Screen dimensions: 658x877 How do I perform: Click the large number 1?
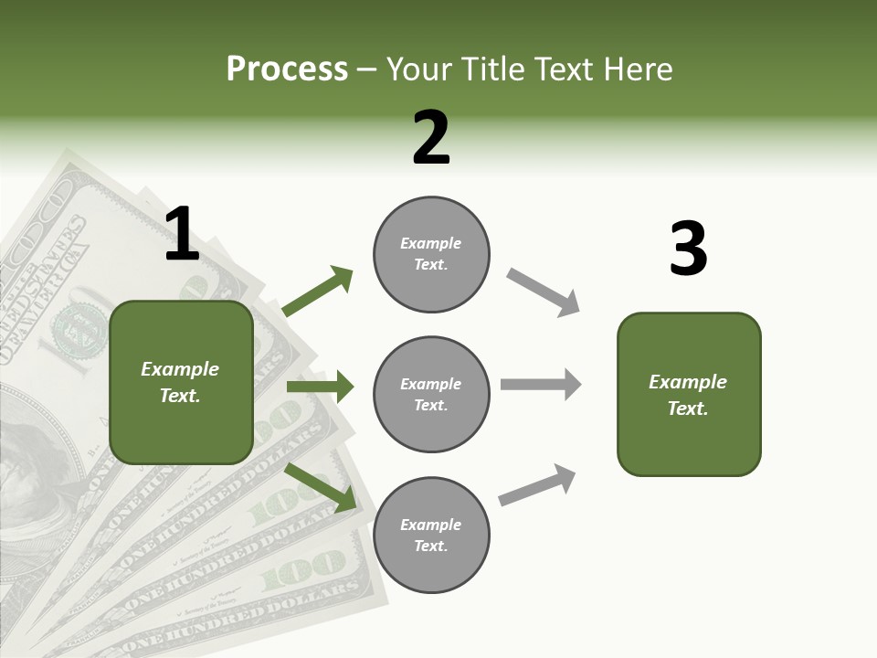(x=182, y=235)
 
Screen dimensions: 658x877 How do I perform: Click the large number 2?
(x=431, y=138)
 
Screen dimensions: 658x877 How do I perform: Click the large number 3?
(x=688, y=250)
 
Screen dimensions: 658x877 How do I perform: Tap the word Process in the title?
(x=287, y=69)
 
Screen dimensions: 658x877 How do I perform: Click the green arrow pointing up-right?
(x=318, y=291)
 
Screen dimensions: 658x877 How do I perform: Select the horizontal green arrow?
(x=320, y=387)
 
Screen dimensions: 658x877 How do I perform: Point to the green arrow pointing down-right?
(x=321, y=486)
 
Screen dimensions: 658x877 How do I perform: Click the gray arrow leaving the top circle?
(x=544, y=292)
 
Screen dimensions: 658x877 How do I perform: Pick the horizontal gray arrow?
(x=540, y=384)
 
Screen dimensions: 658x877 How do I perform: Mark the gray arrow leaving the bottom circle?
(x=537, y=484)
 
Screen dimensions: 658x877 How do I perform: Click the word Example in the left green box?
(x=180, y=369)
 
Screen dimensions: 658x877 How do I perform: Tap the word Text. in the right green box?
(x=688, y=409)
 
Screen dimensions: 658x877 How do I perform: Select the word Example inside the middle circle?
(x=431, y=384)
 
